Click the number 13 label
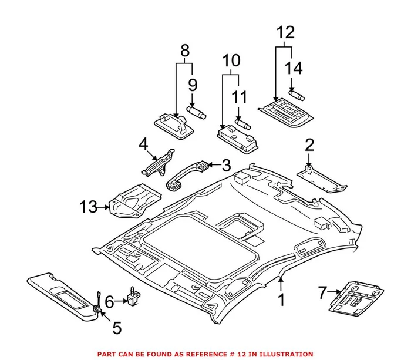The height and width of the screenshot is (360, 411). pyautogui.click(x=89, y=207)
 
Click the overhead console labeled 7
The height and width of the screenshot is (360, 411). pyautogui.click(x=357, y=300)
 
